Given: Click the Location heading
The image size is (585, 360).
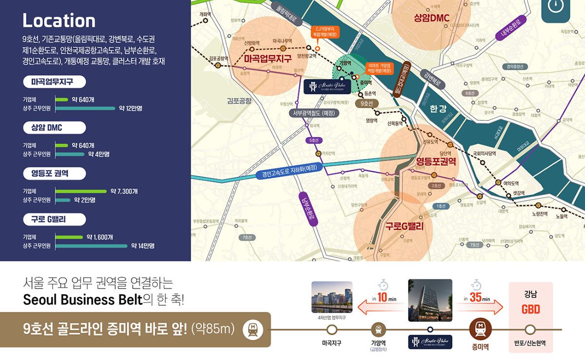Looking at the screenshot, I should tap(59, 20).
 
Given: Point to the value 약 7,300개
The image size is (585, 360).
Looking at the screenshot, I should tap(124, 191).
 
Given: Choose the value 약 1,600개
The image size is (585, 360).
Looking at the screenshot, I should tap(100, 237).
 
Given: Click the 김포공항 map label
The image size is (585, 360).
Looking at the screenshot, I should tap(239, 101).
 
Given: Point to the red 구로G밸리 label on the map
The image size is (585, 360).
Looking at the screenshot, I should tap(404, 227).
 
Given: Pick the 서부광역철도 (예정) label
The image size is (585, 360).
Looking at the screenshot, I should tap(313, 113).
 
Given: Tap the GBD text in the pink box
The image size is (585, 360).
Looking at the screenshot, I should tap(530, 310).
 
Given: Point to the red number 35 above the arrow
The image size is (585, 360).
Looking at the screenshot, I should tap(476, 298).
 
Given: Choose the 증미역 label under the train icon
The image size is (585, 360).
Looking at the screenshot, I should tap(480, 347).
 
